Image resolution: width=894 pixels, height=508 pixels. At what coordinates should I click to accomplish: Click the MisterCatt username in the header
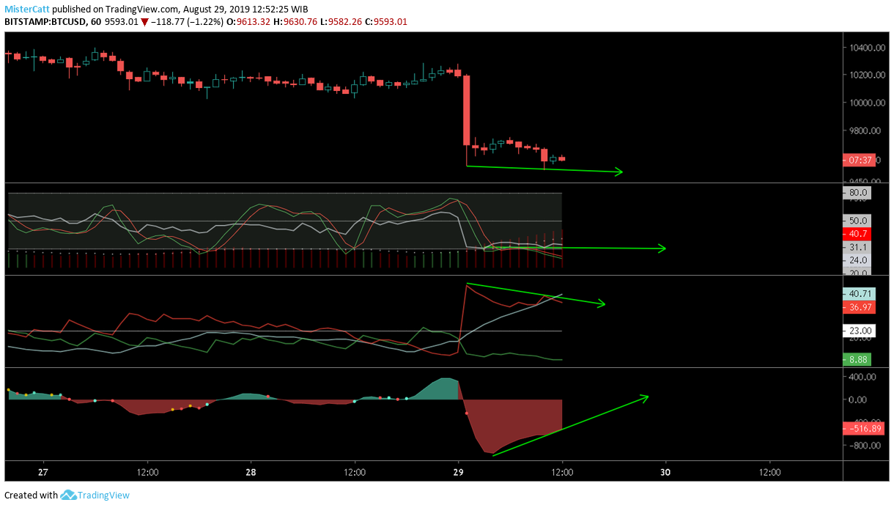26,8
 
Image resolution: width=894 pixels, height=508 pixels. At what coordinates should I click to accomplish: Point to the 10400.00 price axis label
865,48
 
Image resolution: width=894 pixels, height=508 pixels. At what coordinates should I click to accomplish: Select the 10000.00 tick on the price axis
865,103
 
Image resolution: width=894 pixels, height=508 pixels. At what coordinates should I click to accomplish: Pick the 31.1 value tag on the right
858,248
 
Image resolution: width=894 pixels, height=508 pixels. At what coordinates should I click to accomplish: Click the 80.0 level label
858,194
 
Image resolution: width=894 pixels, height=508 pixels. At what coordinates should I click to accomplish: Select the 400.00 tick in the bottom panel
863,377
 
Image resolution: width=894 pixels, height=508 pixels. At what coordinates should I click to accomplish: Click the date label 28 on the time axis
251,473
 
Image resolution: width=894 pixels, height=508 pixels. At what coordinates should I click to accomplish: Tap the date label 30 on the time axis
665,473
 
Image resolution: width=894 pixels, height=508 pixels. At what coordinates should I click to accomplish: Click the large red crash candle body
466,110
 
